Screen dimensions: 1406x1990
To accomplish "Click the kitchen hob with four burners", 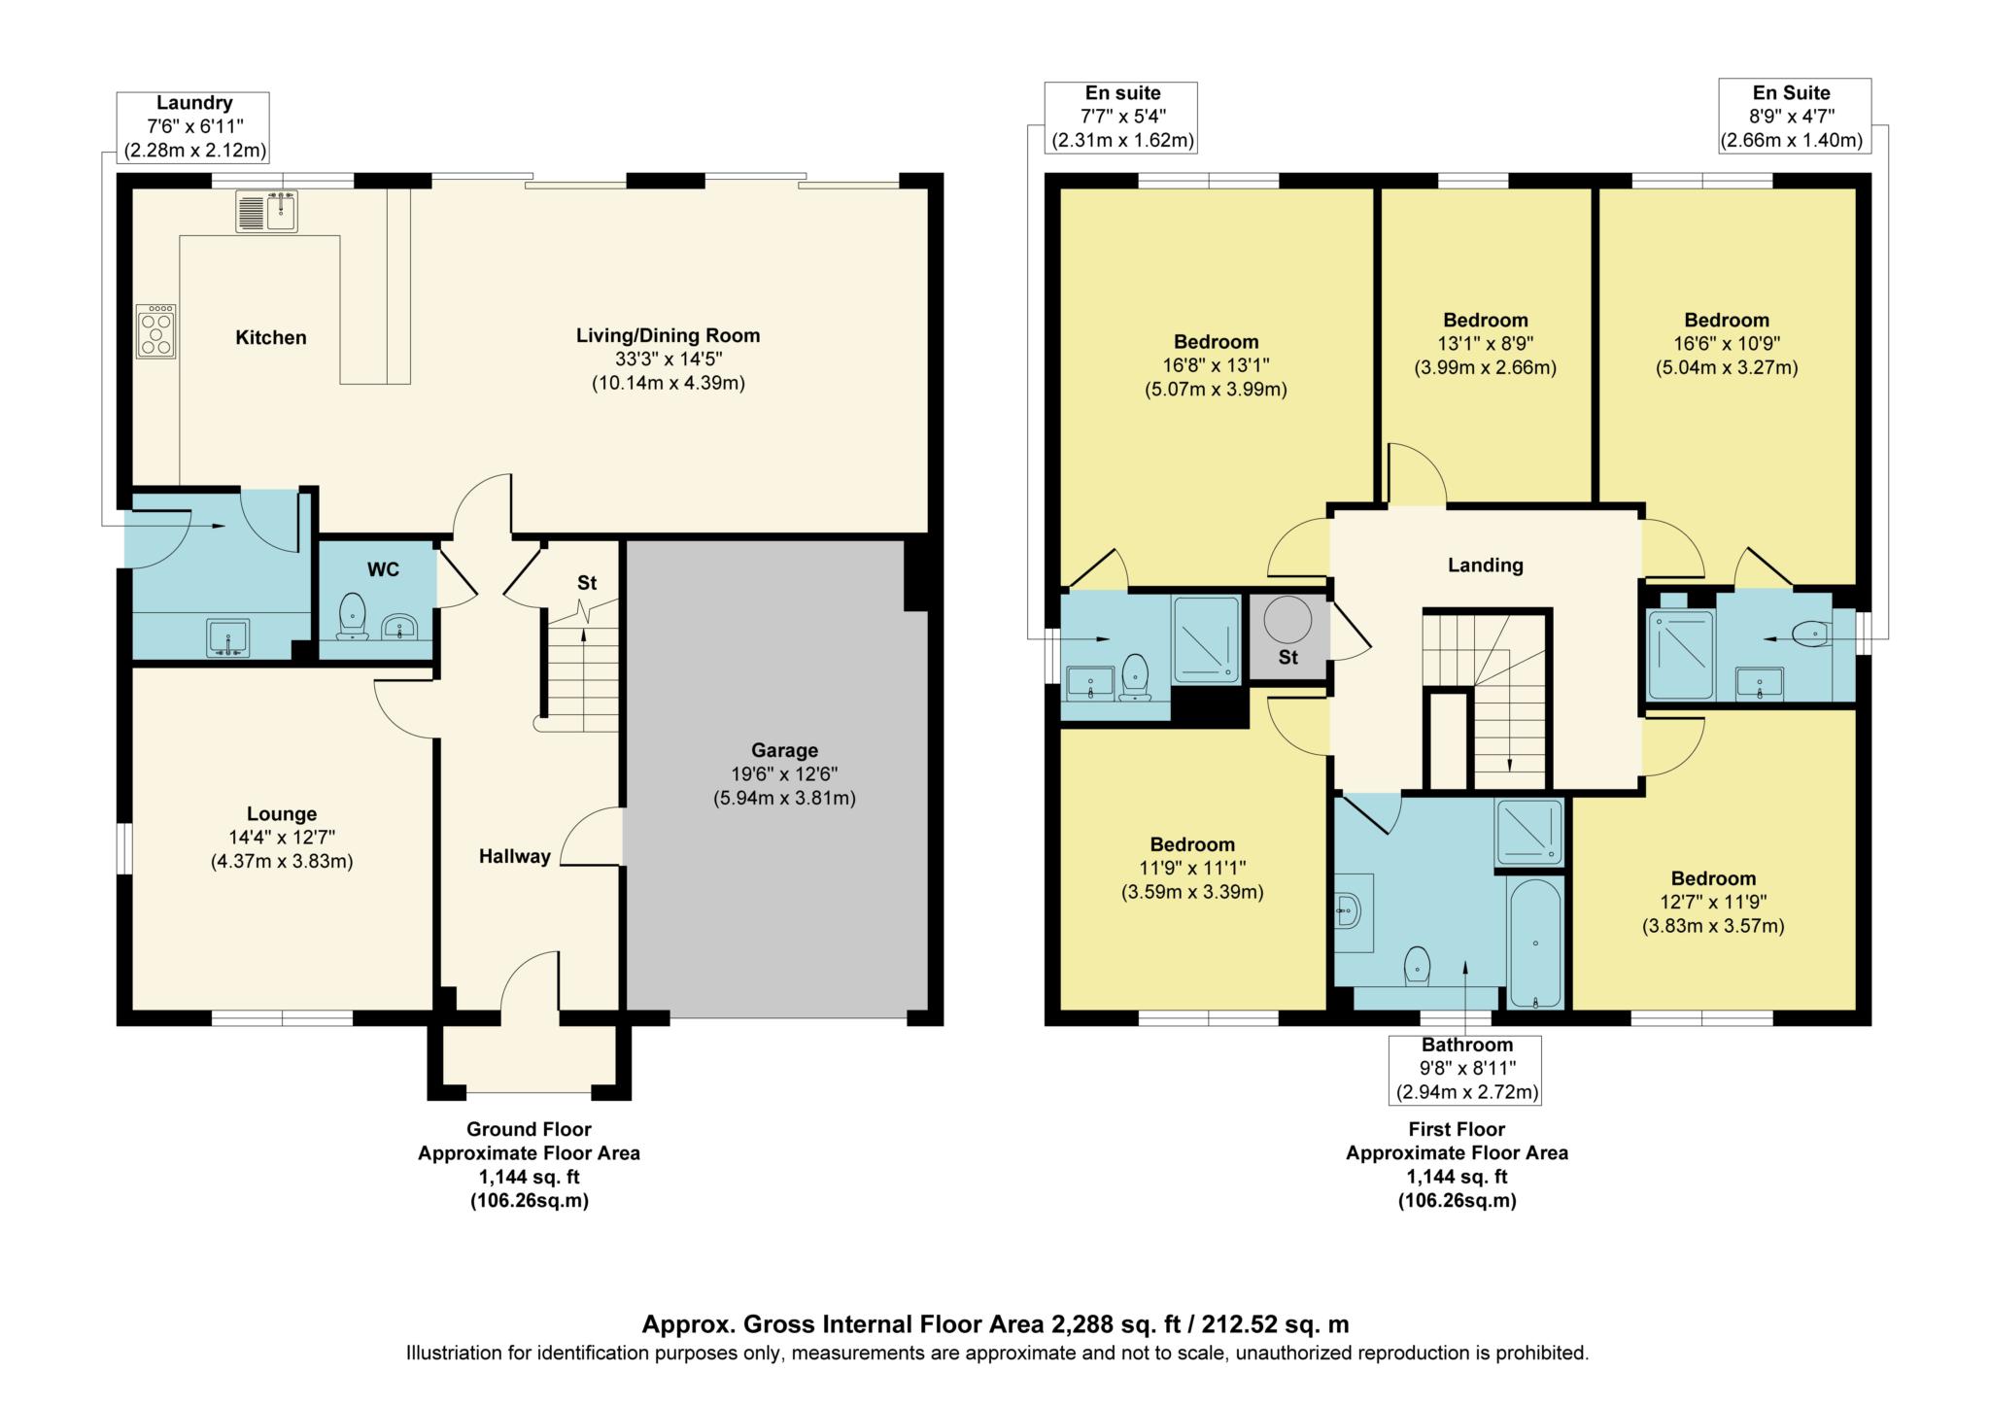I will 156,332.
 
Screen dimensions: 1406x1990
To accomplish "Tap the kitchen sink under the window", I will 266,212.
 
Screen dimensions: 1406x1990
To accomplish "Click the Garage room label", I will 784,750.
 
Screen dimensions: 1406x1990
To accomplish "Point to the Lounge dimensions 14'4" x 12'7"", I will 282,838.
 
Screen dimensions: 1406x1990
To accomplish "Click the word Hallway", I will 514,856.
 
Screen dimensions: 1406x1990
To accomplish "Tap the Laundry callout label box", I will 193,126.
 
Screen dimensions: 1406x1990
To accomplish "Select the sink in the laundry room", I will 228,638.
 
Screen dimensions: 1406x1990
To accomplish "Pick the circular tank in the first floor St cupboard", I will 1287,619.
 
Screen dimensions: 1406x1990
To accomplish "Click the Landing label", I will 1485,565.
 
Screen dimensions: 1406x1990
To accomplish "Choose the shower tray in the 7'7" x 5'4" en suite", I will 1206,639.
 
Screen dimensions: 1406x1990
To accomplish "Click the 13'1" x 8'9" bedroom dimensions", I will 1485,344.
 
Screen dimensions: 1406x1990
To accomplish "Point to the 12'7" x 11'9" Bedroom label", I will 1712,878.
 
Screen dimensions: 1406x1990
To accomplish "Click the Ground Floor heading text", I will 529,1129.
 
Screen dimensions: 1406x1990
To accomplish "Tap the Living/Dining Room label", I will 668,335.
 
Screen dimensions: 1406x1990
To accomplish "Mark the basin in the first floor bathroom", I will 1351,911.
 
